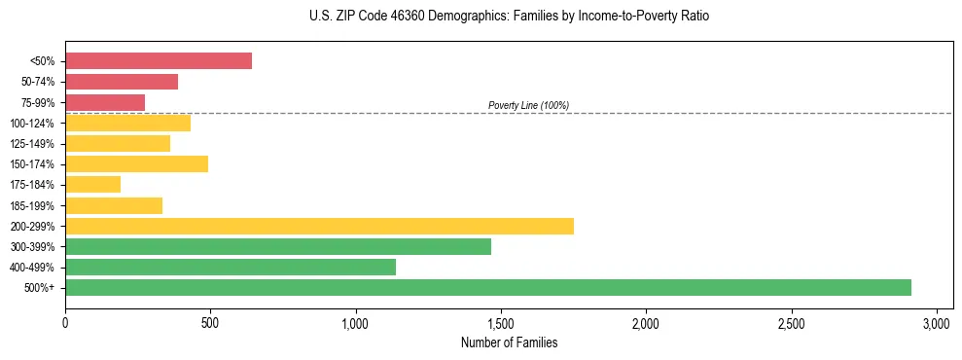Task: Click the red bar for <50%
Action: [x=159, y=61]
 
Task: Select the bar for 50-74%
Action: [x=122, y=82]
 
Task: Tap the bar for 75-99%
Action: [x=105, y=102]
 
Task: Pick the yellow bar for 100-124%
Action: [x=127, y=123]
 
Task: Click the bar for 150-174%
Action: [x=136, y=163]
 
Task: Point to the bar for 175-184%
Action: [x=92, y=184]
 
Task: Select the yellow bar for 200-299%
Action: [x=319, y=226]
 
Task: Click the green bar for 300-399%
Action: [x=278, y=246]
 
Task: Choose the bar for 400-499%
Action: [x=231, y=267]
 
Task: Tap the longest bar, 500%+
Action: [x=488, y=287]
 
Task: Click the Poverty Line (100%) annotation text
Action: [x=528, y=105]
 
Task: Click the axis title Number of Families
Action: [x=509, y=342]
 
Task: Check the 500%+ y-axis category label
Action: [x=41, y=288]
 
